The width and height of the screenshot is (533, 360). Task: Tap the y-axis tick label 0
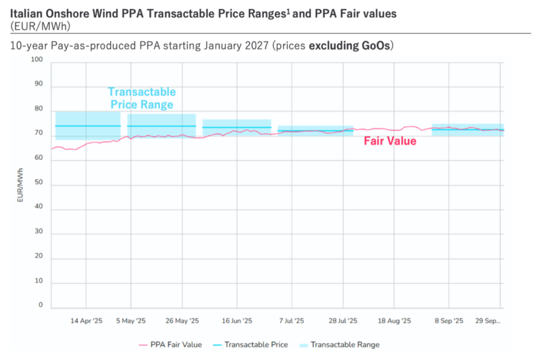coord(40,305)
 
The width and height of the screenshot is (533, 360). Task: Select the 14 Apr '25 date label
coord(86,321)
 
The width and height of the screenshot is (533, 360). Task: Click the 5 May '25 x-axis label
coord(131,321)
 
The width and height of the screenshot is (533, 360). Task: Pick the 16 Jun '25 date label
coord(237,321)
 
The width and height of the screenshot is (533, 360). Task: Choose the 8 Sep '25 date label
coord(448,321)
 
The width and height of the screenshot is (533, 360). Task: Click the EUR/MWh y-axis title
coord(20,185)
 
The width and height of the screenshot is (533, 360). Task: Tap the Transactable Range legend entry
coord(345,344)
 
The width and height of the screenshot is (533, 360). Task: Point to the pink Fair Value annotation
coord(390,141)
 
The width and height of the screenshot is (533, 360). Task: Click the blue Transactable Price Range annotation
coord(142,98)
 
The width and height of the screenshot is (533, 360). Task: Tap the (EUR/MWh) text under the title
coord(40,25)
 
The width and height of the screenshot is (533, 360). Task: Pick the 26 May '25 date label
coord(182,321)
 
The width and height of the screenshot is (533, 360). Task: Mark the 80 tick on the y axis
coord(38,109)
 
